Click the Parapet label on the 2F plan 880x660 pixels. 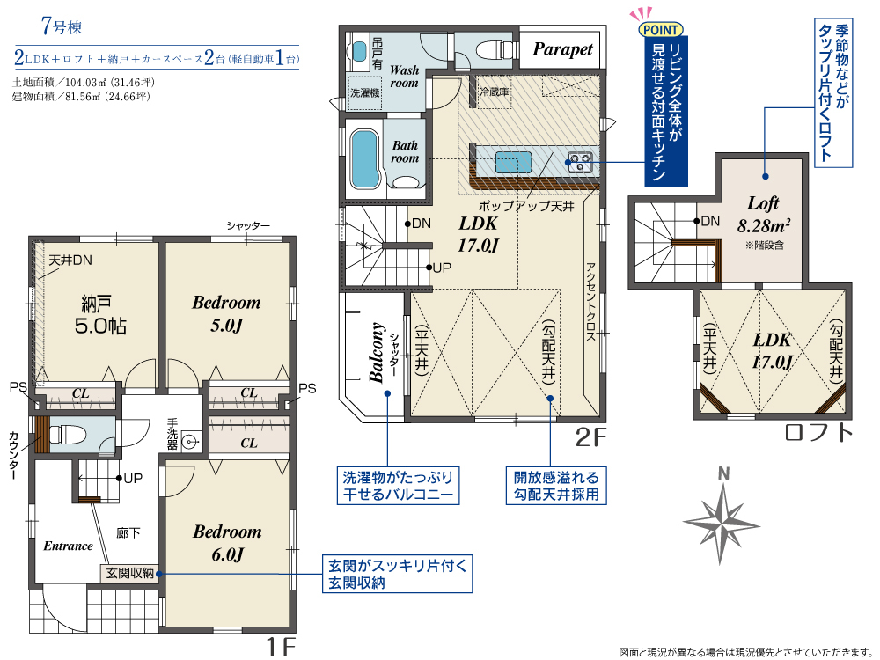click(x=562, y=49)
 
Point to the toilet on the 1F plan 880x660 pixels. click(x=67, y=435)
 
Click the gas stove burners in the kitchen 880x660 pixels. click(x=579, y=162)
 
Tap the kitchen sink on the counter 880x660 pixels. click(x=513, y=162)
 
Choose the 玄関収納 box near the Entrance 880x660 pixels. click(x=129, y=573)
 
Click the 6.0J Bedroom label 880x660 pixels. click(x=227, y=542)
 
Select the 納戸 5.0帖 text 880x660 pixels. click(x=99, y=315)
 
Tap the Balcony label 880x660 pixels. click(x=377, y=352)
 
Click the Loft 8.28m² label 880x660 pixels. click(x=763, y=214)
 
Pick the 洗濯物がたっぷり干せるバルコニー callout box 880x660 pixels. click(x=398, y=486)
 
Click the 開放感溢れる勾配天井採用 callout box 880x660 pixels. click(x=556, y=486)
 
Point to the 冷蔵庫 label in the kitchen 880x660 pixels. click(x=494, y=92)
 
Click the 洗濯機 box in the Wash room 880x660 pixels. click(x=365, y=93)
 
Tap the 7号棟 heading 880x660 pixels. click(x=62, y=26)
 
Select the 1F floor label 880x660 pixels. click(x=280, y=647)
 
